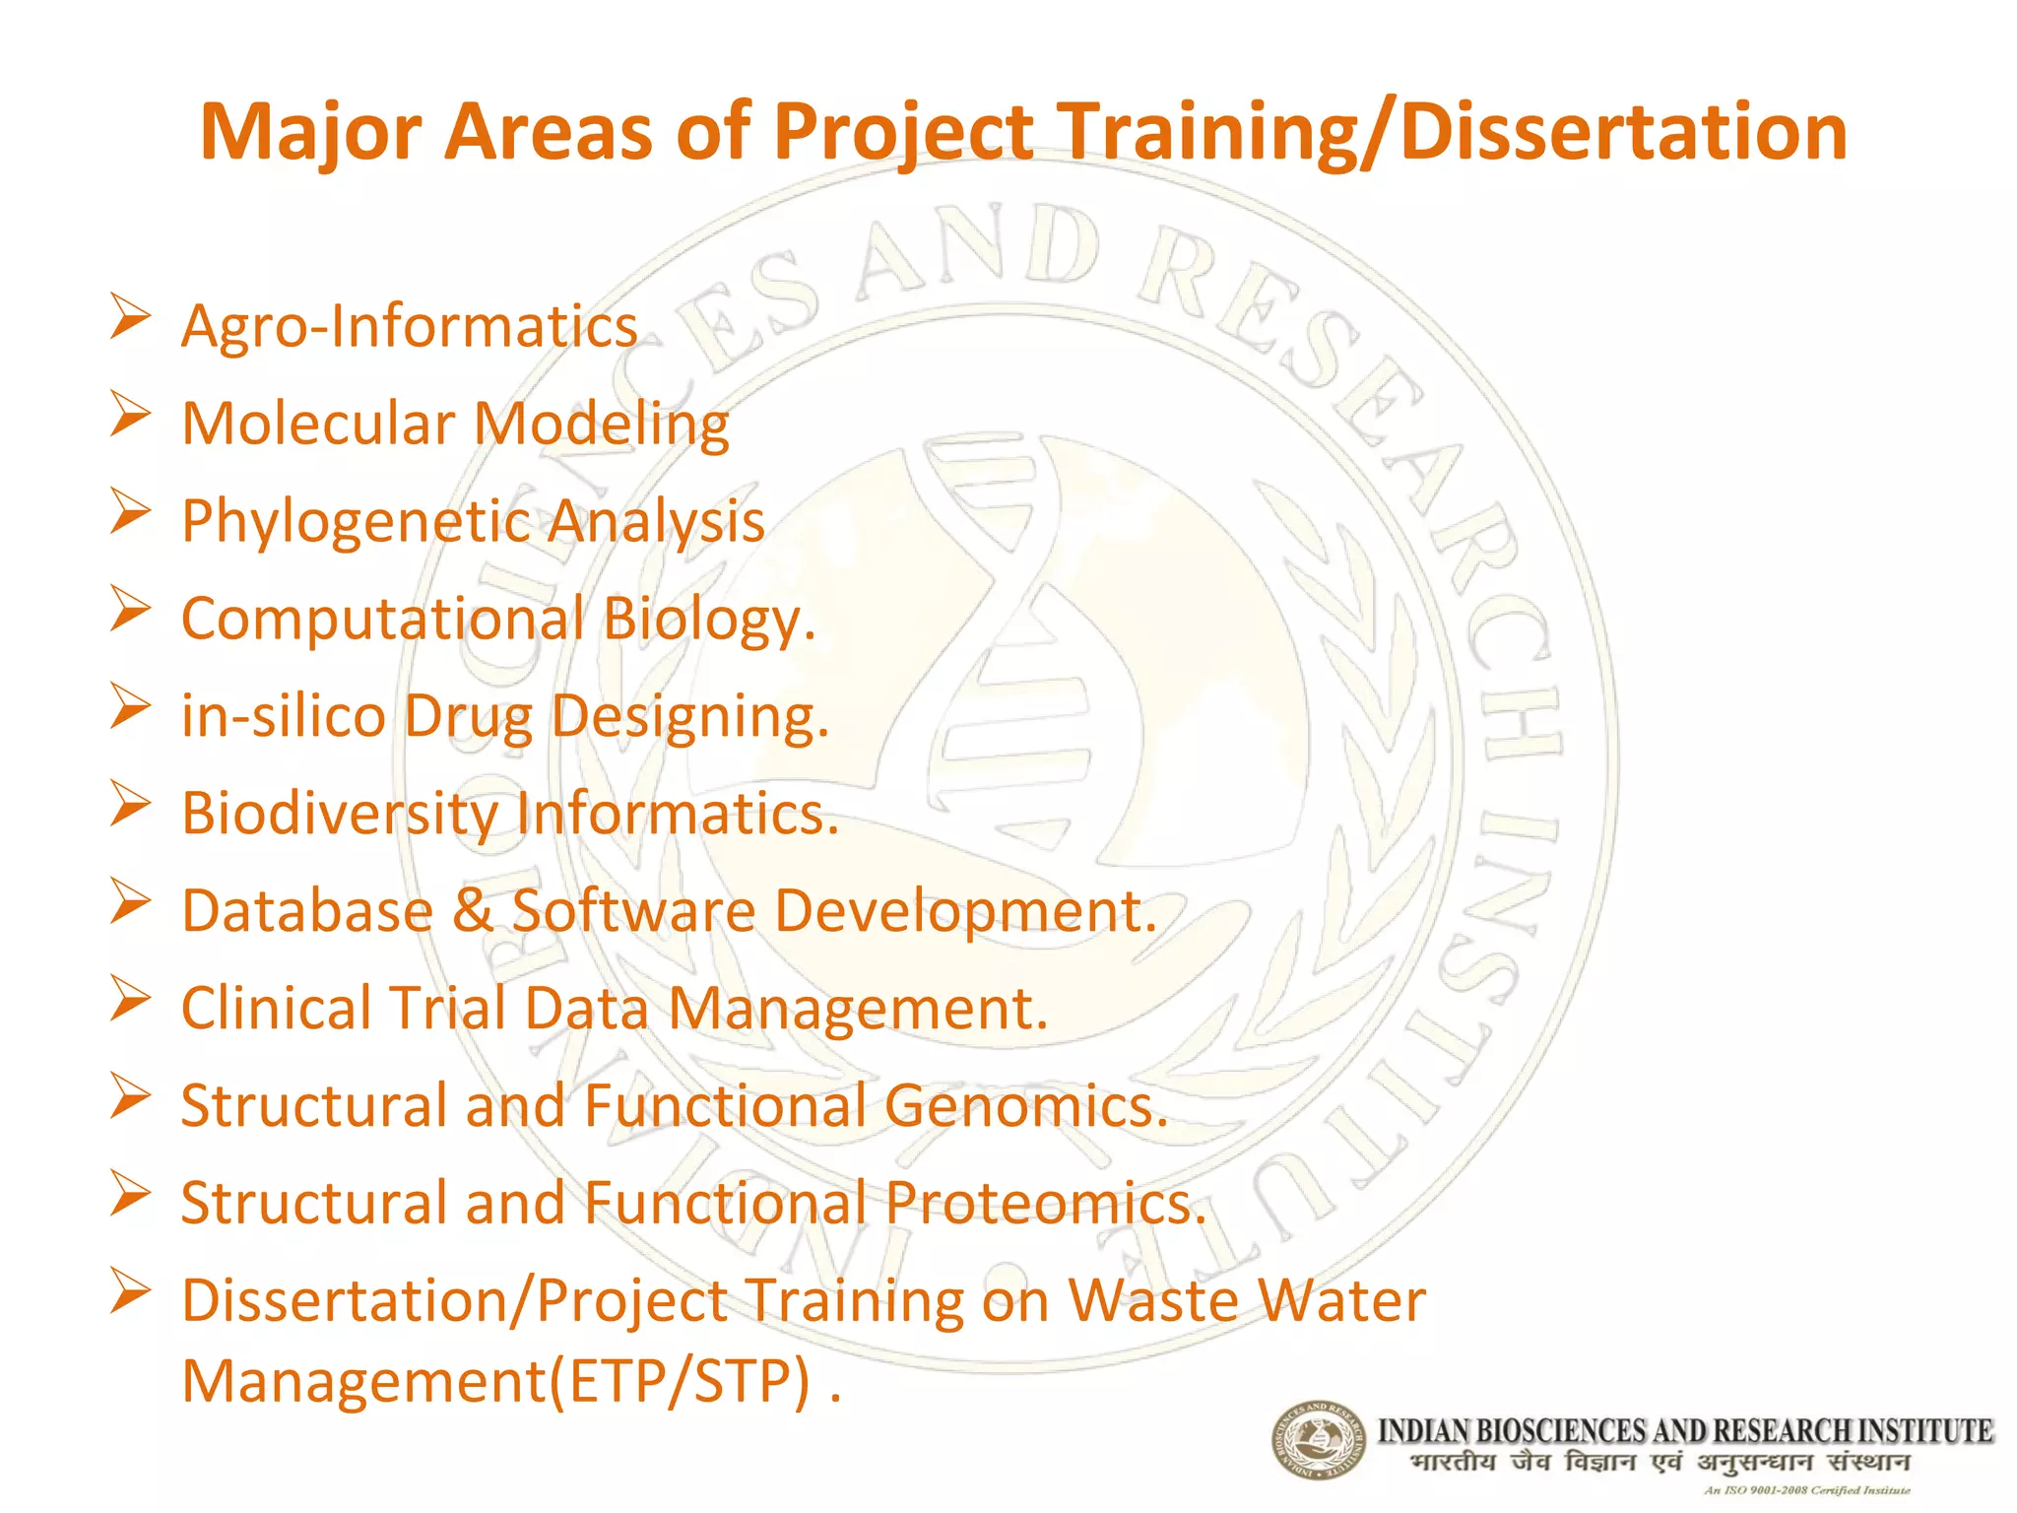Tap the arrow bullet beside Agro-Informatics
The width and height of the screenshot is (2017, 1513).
(x=130, y=316)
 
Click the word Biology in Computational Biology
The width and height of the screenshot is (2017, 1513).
(x=707, y=620)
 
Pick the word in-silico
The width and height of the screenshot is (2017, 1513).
(x=284, y=716)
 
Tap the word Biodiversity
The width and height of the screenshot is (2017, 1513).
(x=340, y=814)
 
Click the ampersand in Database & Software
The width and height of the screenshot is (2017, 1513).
(x=473, y=910)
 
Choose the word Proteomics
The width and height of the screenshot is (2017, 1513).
(x=1044, y=1203)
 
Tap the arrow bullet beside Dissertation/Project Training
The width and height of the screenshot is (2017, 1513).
(x=130, y=1290)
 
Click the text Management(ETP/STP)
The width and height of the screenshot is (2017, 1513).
(x=497, y=1381)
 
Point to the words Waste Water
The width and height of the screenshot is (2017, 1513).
(x=1247, y=1300)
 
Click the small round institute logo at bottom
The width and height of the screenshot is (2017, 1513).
(x=1318, y=1440)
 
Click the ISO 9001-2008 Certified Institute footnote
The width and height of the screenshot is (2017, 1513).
(x=1806, y=1490)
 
